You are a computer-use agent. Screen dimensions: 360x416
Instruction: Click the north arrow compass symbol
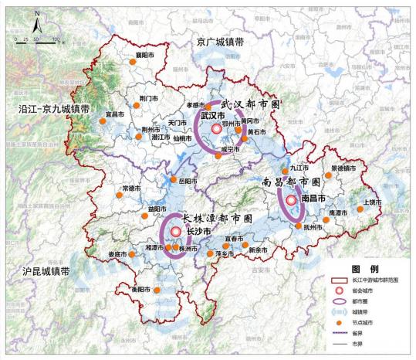[x=36, y=15]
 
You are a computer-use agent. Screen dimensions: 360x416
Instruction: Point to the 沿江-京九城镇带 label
[x=53, y=110]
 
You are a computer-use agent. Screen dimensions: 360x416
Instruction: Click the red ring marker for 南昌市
[x=291, y=201]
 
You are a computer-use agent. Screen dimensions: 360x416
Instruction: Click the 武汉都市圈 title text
[x=250, y=104]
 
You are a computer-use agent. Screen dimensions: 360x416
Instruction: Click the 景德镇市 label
[x=343, y=168]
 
